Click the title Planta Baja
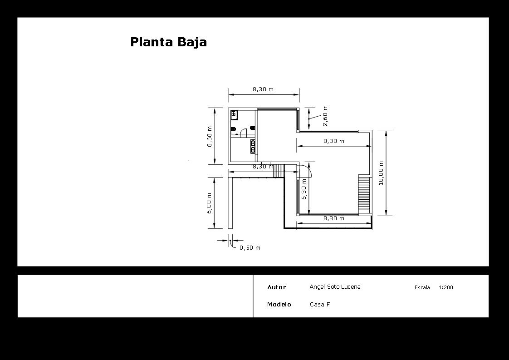(168, 42)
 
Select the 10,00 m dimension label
(381, 173)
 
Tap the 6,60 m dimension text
(210, 136)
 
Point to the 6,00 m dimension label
(210, 203)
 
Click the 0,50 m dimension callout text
(250, 248)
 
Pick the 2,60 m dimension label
(325, 116)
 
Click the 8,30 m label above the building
(263, 89)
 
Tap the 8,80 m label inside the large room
(334, 141)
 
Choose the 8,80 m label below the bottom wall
(334, 218)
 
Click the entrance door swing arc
(307, 172)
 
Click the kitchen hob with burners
(253, 145)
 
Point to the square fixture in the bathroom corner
(234, 114)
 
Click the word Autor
(276, 287)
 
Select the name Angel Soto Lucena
(335, 287)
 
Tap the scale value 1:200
(445, 287)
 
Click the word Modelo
(279, 305)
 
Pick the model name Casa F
(320, 305)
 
